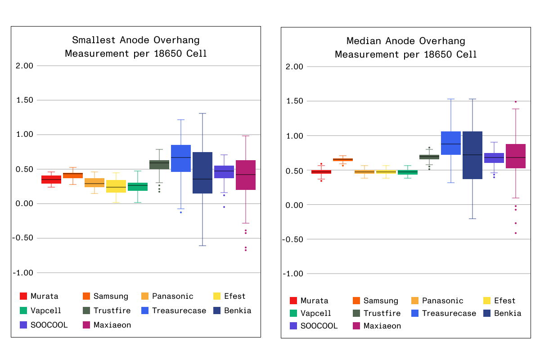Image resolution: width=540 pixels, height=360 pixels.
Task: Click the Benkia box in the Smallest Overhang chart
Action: pyautogui.click(x=202, y=173)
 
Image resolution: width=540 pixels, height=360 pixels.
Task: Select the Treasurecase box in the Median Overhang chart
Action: pyautogui.click(x=450, y=143)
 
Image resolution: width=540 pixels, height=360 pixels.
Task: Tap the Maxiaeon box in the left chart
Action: pyautogui.click(x=246, y=175)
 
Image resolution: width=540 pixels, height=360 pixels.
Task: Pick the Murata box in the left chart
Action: pyautogui.click(x=51, y=180)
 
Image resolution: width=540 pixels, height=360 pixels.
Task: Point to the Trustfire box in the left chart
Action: pyautogui.click(x=159, y=165)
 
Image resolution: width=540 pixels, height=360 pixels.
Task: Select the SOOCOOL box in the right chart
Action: pyautogui.click(x=494, y=158)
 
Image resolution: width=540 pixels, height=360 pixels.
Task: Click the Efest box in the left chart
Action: pyautogui.click(x=116, y=186)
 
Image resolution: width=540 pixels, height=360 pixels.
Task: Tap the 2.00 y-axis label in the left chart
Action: pyautogui.click(x=25, y=66)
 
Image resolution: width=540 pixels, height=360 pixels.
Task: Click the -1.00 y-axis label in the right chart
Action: pyautogui.click(x=292, y=274)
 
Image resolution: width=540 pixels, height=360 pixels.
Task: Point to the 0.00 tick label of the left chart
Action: pyautogui.click(x=25, y=204)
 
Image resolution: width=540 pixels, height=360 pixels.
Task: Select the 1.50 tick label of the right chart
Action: pyautogui.click(x=295, y=101)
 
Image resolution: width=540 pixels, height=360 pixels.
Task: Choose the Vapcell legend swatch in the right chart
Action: pyautogui.click(x=293, y=313)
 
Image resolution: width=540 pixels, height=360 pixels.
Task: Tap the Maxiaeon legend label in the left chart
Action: pyautogui.click(x=112, y=325)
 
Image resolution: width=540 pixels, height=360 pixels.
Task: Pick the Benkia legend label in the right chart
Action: pyautogui.click(x=508, y=313)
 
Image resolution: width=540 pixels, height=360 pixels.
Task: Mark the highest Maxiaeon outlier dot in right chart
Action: pyautogui.click(x=516, y=102)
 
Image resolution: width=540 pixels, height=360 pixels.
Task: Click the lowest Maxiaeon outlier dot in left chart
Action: pyautogui.click(x=246, y=250)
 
